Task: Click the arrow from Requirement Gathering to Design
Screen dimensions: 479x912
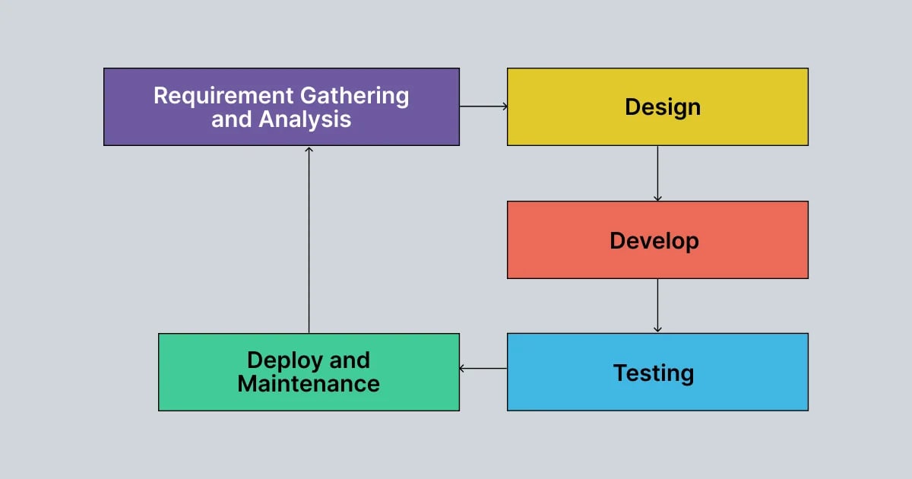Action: [x=483, y=106]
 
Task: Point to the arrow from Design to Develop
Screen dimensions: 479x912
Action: [x=657, y=173]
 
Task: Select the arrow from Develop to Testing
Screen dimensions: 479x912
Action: [x=657, y=306]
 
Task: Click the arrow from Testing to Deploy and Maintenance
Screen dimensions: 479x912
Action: [x=483, y=369]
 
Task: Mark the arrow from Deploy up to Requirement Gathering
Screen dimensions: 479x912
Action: [x=309, y=239]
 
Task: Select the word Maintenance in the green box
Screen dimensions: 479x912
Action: [x=309, y=383]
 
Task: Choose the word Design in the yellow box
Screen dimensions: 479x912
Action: [x=663, y=107]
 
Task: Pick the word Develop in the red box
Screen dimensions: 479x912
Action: [x=654, y=241]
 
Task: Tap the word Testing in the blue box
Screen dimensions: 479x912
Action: [x=654, y=373]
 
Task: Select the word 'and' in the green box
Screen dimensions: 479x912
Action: [x=350, y=360]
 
